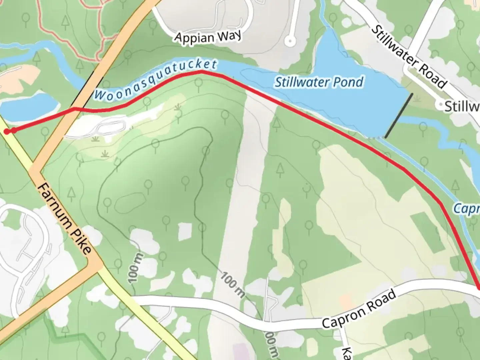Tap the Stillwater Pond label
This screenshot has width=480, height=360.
click(319, 82)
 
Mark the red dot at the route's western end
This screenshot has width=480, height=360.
click(7, 131)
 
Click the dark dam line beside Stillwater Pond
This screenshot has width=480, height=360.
click(399, 115)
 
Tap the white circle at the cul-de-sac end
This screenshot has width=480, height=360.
click(290, 41)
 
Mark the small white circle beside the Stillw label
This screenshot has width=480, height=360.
click(441, 105)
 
